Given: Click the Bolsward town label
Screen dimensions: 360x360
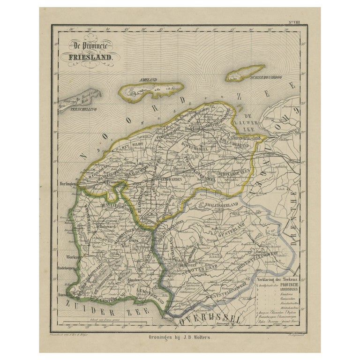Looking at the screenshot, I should (107, 226).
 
